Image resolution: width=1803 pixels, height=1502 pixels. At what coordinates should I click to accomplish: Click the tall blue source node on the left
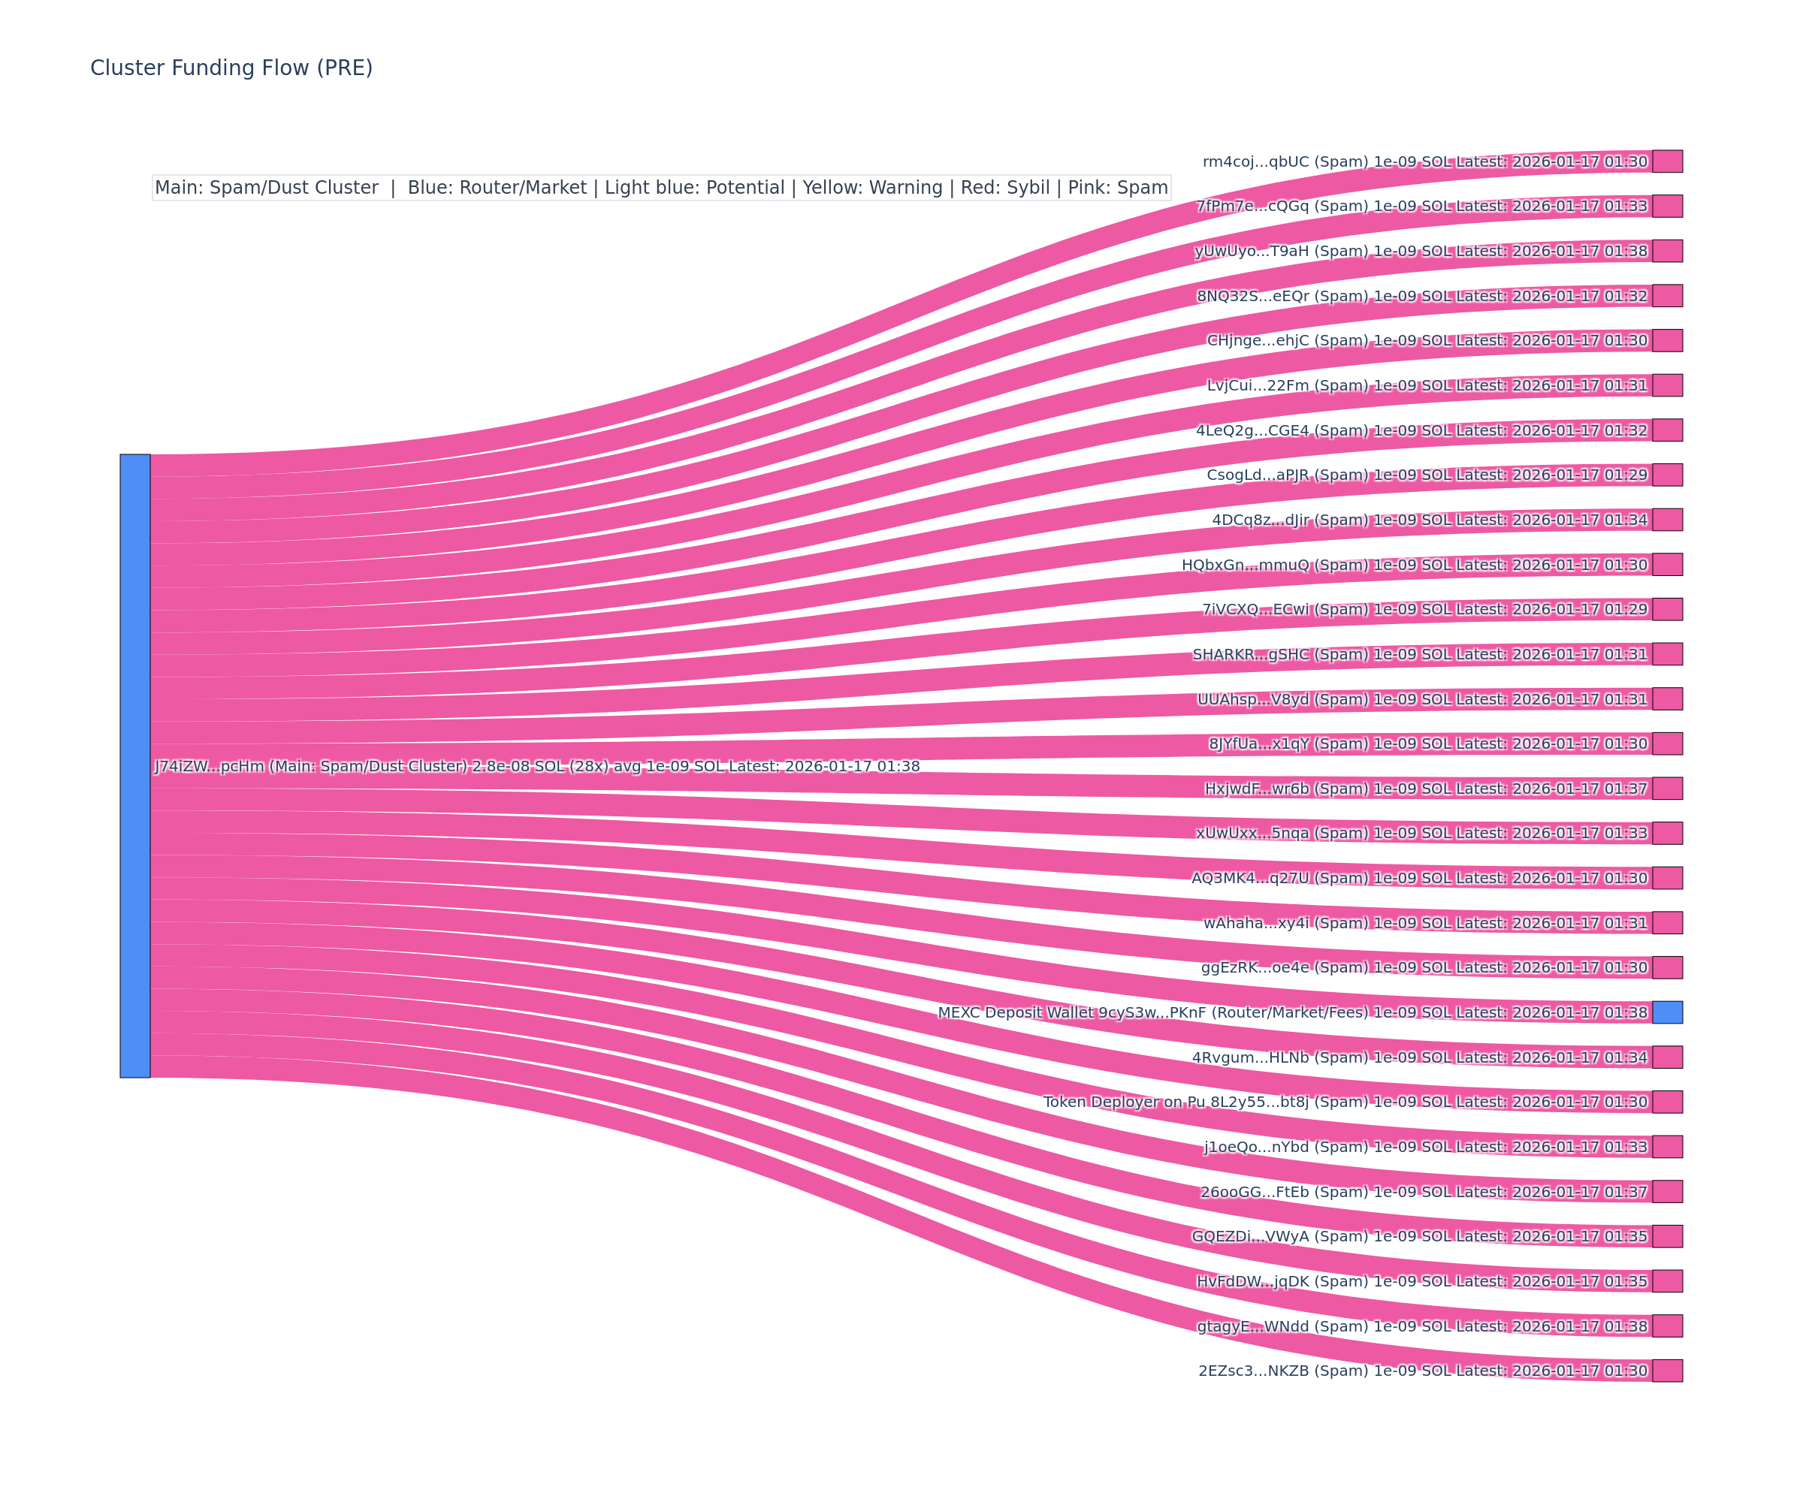134,765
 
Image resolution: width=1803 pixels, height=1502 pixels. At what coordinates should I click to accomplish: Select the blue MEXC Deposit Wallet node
1667,1012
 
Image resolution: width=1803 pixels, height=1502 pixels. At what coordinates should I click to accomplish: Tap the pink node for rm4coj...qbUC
1667,161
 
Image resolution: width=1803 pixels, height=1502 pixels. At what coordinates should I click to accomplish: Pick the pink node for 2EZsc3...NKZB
1667,1371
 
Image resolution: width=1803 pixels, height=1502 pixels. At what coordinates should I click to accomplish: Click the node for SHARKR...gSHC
1667,654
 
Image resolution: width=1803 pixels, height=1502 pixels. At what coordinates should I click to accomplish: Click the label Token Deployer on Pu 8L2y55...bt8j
1176,1102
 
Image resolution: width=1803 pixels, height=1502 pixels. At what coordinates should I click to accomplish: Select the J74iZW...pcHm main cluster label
536,767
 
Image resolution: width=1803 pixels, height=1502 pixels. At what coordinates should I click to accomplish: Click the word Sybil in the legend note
1028,188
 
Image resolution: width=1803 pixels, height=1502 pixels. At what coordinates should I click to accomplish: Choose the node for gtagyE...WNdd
1667,1326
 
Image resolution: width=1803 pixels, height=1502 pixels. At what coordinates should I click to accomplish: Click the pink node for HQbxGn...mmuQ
1667,564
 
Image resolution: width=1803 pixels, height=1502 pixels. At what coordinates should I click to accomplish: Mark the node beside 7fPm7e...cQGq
1667,206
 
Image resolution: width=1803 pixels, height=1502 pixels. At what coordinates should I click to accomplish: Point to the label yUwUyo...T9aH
1252,252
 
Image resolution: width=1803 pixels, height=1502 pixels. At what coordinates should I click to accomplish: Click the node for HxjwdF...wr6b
1667,788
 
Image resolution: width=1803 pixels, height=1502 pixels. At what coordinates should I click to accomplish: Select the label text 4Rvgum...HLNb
1249,1057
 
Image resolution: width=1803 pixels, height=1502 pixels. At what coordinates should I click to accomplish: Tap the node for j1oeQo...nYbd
1667,1147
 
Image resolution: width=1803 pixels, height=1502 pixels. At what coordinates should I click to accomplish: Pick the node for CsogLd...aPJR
1667,475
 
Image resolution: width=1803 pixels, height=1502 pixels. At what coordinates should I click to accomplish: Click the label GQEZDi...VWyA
1249,1237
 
